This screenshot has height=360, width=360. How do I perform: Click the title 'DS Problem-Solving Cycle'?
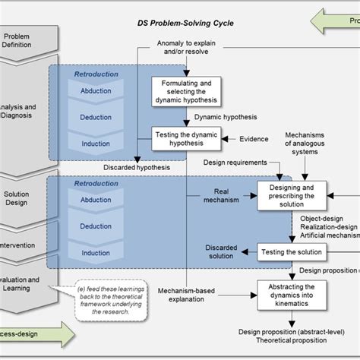[x=185, y=24]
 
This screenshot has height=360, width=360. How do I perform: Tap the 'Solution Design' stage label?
[x=17, y=199]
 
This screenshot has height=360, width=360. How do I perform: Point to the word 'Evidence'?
[x=254, y=139]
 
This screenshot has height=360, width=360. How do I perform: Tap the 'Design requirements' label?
[x=235, y=162]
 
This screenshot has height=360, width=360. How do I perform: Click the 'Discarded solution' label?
[x=221, y=251]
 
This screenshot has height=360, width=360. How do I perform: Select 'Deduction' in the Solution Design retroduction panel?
[x=96, y=226]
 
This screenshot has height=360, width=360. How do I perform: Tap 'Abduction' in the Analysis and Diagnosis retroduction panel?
[x=96, y=90]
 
